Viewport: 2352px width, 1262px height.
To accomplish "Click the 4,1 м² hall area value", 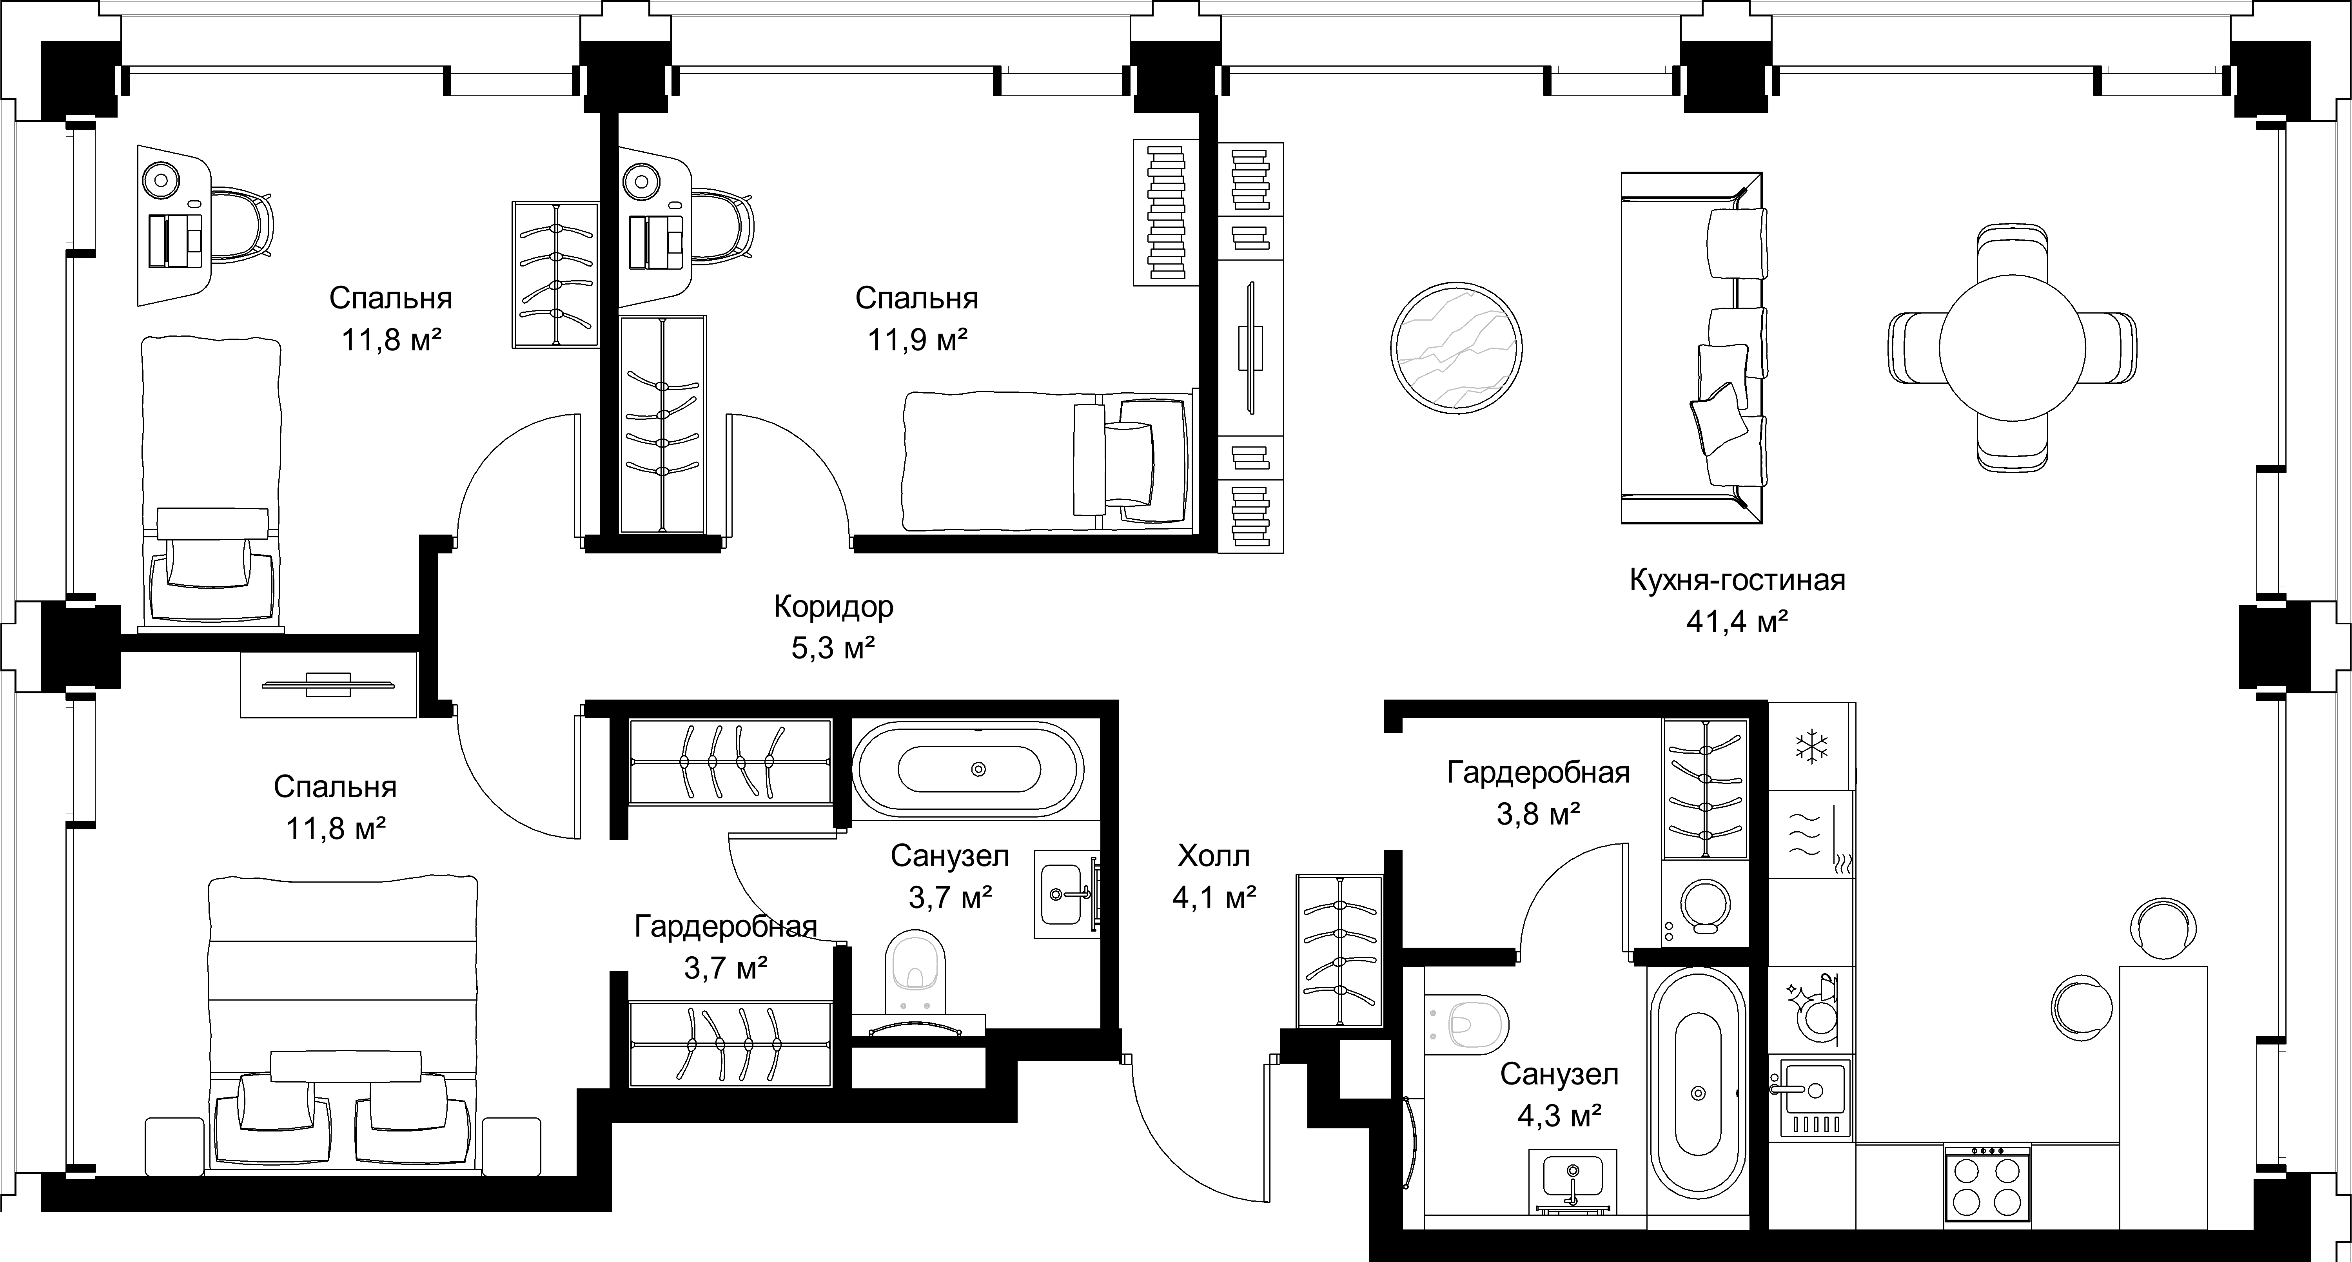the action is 1214,899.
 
